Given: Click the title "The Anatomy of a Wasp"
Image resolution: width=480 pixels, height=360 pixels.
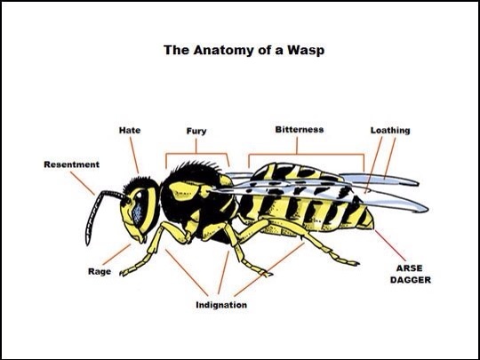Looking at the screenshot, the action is coord(244,50).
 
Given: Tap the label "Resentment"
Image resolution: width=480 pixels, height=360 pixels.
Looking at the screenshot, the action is coord(72,164).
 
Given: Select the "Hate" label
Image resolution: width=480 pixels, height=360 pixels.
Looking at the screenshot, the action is coord(130,130).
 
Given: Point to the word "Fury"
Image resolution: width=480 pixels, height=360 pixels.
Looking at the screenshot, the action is coord(196,132).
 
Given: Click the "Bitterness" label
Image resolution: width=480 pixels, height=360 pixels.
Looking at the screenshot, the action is coord(299,130).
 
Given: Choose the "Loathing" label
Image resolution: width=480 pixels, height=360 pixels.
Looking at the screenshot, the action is coord(390,131).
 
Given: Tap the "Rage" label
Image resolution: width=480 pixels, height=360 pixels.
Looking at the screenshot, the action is coord(100,271).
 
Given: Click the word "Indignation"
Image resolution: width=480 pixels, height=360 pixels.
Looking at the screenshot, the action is coord(221,305).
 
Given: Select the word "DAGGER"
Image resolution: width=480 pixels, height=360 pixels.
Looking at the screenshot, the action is coord(410,280).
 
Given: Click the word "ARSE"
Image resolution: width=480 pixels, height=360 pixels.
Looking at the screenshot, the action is coord(409,268).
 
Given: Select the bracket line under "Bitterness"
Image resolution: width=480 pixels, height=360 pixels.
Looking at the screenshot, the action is coord(306,155).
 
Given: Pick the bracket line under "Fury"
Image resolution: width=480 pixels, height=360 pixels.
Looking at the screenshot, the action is coord(196,154).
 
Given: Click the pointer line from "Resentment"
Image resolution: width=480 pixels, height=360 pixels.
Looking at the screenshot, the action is coord(83,183).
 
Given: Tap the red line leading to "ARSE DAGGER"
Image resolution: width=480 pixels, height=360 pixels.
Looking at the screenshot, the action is coord(390,245).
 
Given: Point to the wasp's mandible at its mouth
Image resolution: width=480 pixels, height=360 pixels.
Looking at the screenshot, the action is coord(141,238).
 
